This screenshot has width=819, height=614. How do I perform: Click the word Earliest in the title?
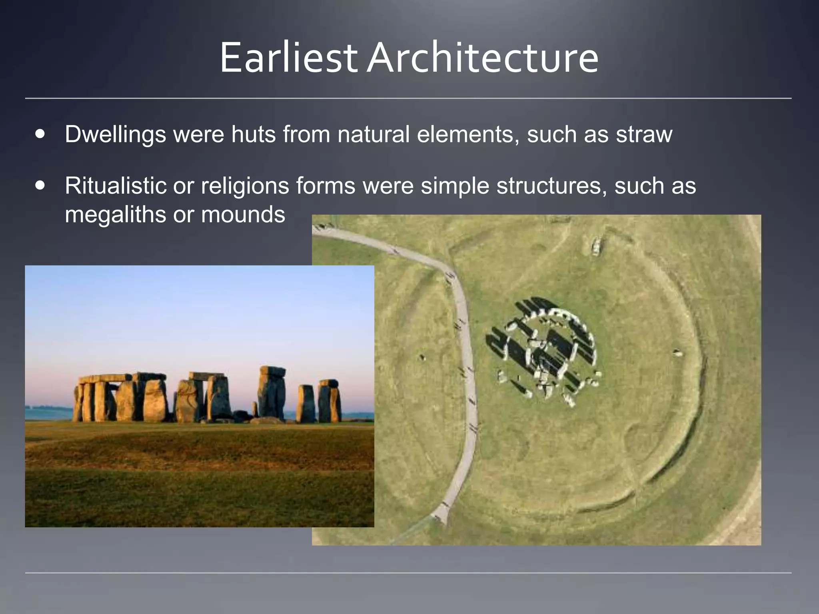pos(288,58)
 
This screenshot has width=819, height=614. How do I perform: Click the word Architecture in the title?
pos(483,58)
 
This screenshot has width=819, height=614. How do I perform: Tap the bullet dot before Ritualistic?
pos(40,186)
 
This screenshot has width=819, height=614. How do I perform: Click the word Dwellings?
pos(115,134)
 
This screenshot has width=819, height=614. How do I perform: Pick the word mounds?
pos(243,215)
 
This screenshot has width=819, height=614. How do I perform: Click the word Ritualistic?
pos(115,186)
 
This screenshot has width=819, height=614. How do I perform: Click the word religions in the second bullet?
pos(245,186)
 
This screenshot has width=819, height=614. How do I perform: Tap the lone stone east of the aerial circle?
pos(677,353)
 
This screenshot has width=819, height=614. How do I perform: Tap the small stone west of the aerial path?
pos(421,357)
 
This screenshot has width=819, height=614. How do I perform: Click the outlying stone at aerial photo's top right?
pos(596,246)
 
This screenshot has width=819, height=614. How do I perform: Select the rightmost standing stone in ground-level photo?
pos(330,401)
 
